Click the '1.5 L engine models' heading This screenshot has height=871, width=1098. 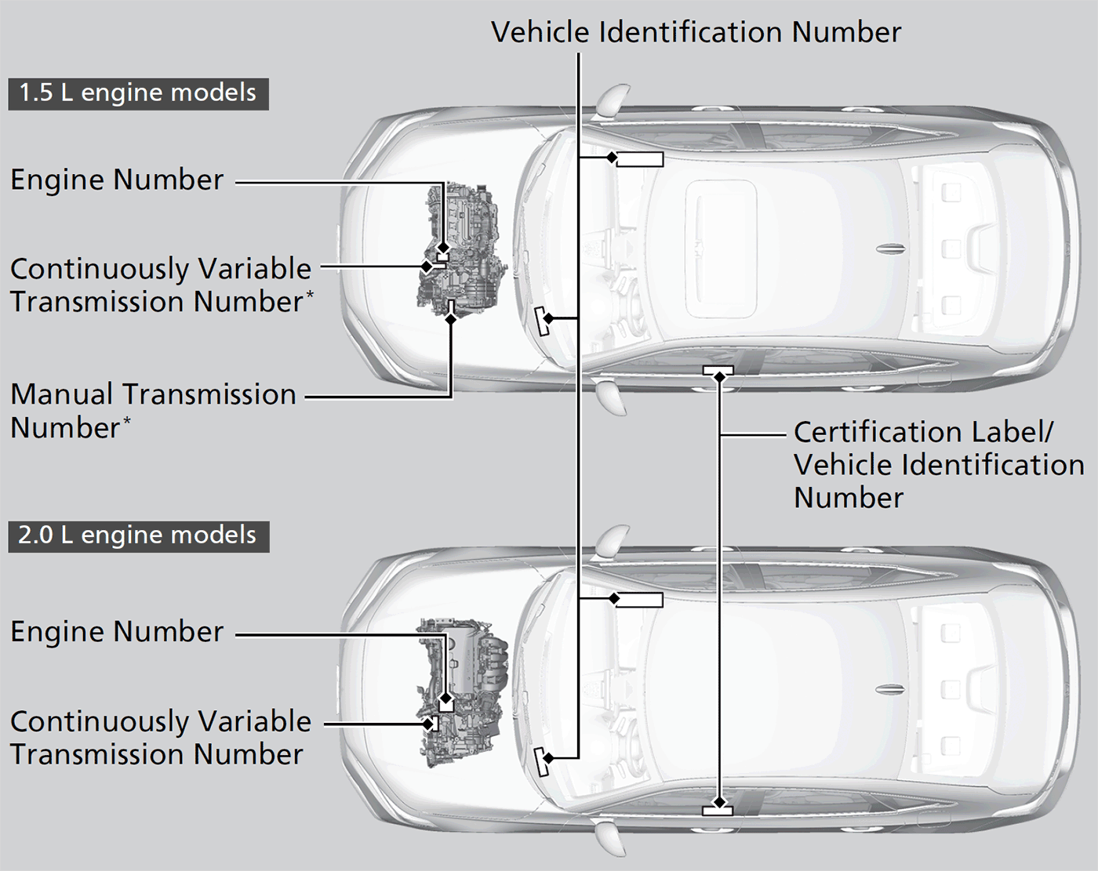click(x=137, y=93)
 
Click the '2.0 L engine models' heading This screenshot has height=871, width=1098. click(x=137, y=535)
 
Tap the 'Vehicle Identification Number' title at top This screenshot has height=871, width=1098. click(x=696, y=32)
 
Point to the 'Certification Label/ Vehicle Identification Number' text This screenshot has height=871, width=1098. click(x=938, y=465)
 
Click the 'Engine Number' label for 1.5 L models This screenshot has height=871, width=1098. click(x=117, y=180)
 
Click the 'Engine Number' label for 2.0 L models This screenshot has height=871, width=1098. click(x=117, y=632)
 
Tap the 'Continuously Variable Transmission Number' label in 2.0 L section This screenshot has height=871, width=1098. click(x=160, y=738)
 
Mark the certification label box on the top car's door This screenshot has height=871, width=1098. click(x=718, y=369)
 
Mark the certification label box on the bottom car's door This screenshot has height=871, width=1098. click(x=718, y=810)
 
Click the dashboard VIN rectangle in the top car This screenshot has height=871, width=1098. click(x=640, y=160)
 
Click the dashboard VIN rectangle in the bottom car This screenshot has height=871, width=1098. click(x=640, y=601)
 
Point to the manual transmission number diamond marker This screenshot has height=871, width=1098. click(x=450, y=318)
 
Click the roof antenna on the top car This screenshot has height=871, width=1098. click(x=891, y=249)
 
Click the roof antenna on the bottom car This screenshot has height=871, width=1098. click(x=891, y=690)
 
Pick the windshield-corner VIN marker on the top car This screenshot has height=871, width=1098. click(x=542, y=320)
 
